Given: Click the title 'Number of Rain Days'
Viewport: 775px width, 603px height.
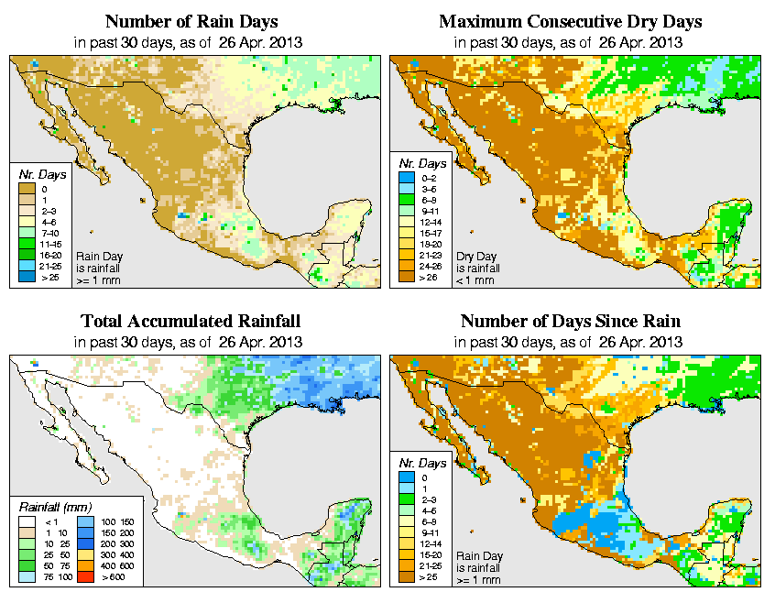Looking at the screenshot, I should click(191, 21).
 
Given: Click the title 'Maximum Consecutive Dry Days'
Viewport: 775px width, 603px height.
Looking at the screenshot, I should click(571, 21).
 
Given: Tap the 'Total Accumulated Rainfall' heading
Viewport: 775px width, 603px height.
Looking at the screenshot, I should click(191, 322).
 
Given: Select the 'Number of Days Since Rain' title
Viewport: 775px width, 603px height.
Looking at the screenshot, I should click(571, 322).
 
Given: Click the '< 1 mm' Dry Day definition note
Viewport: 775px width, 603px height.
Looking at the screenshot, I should click(477, 280).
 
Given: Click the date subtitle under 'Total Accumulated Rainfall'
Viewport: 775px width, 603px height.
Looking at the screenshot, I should click(191, 342).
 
